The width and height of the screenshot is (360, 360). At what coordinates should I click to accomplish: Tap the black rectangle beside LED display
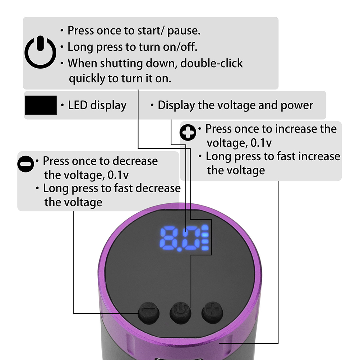pyautogui.click(x=41, y=105)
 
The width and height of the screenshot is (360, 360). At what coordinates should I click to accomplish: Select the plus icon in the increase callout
pyautogui.click(x=188, y=133)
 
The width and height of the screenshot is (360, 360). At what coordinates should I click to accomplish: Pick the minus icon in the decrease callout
pyautogui.click(x=26, y=164)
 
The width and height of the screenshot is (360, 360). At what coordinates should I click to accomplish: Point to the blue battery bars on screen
pyautogui.click(x=205, y=238)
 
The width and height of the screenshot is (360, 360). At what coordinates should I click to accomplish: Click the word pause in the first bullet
pyautogui.click(x=184, y=31)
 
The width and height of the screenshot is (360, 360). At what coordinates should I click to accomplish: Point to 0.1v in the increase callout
pyautogui.click(x=261, y=143)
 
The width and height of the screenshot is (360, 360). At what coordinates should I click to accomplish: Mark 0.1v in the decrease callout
pyautogui.click(x=118, y=175)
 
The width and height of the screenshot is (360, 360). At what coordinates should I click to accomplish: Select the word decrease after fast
pyautogui.click(x=158, y=188)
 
